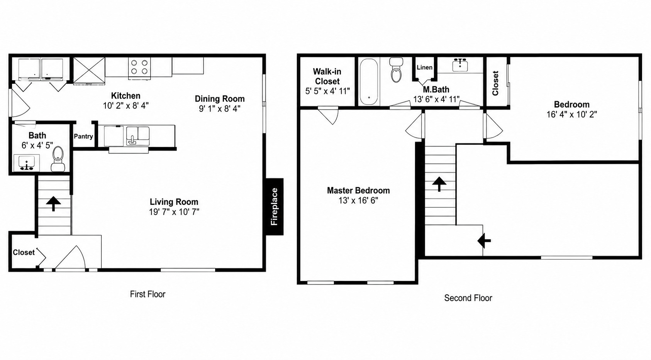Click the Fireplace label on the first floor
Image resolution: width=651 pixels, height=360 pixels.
click(x=275, y=206)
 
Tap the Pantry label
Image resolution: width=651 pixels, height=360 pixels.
click(x=83, y=136)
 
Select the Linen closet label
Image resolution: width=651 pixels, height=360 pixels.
click(x=425, y=68)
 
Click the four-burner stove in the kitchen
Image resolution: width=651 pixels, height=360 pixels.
click(x=139, y=68)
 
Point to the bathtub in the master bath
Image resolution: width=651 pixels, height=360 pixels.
click(x=369, y=81)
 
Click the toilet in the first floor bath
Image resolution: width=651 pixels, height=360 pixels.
click(x=58, y=159)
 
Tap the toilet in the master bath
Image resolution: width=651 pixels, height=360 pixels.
click(x=396, y=70)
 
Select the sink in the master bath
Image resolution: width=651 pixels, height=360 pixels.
click(x=460, y=65)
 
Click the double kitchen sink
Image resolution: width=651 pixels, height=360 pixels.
click(x=138, y=135)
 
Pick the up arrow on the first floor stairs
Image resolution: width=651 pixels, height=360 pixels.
click(x=53, y=203)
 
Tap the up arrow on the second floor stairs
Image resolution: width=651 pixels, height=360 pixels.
click(x=439, y=184)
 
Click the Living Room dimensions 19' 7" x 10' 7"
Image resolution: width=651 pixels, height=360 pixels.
click(x=174, y=212)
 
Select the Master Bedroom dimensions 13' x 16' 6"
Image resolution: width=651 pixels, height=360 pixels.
click(x=358, y=200)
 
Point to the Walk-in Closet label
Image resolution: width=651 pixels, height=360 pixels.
click(x=327, y=76)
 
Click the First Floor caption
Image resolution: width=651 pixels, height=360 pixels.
click(x=147, y=294)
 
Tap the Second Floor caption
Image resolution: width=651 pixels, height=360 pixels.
click(x=468, y=298)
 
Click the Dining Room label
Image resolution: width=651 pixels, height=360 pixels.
click(x=220, y=99)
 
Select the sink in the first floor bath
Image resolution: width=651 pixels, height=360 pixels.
click(x=27, y=162)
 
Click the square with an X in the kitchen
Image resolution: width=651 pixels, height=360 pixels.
click(x=89, y=71)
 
